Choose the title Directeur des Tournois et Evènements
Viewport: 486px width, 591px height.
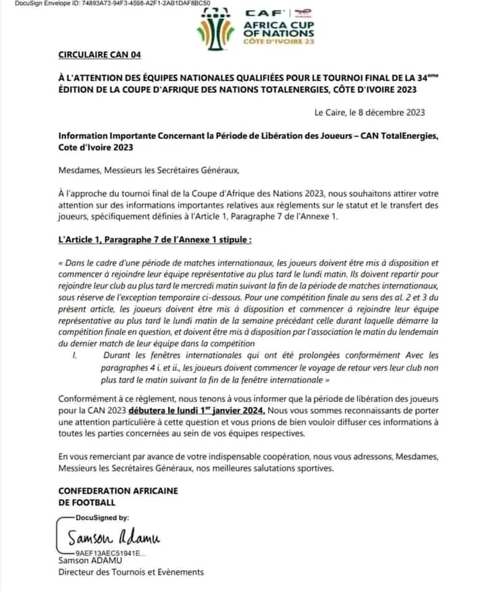[x=130, y=572]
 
